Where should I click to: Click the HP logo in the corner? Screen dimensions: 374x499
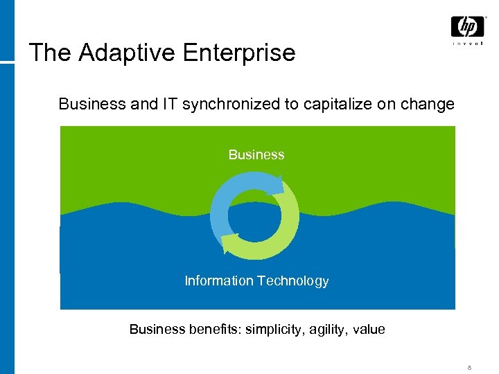[467, 26]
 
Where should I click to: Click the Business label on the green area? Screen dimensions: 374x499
[256, 154]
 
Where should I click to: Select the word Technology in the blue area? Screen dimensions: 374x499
[292, 280]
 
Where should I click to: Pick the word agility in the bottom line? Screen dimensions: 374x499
[325, 330]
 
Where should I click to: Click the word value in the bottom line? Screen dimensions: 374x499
[369, 330]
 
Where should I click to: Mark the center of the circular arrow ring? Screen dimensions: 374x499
[254, 215]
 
